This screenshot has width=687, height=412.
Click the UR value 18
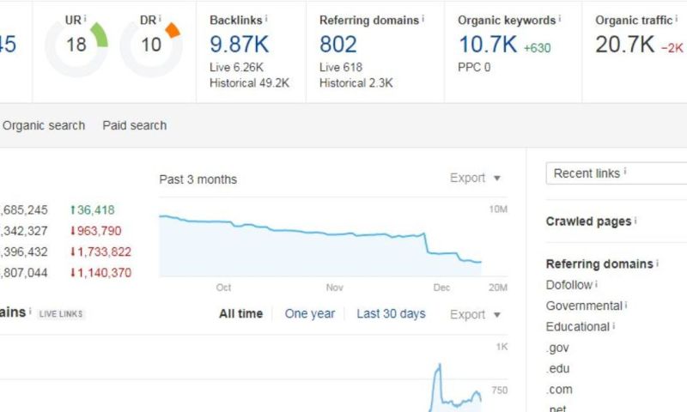(76, 45)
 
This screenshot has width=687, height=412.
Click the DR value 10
(151, 45)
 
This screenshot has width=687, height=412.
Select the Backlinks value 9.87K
(240, 44)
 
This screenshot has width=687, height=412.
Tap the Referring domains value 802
(338, 44)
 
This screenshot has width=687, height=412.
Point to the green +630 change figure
(537, 48)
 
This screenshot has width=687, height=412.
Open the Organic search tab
(44, 125)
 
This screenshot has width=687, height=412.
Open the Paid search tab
(135, 125)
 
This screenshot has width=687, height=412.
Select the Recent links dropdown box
(616, 173)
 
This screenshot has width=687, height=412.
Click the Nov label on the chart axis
(334, 288)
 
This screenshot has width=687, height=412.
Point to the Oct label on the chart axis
(224, 288)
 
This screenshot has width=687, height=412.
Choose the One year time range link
(310, 313)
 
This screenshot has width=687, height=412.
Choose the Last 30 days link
(391, 313)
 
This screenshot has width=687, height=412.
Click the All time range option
(240, 313)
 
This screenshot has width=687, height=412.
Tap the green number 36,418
(94, 209)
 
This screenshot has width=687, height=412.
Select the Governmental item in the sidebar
(584, 306)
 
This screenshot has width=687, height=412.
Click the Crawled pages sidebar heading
(589, 221)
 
